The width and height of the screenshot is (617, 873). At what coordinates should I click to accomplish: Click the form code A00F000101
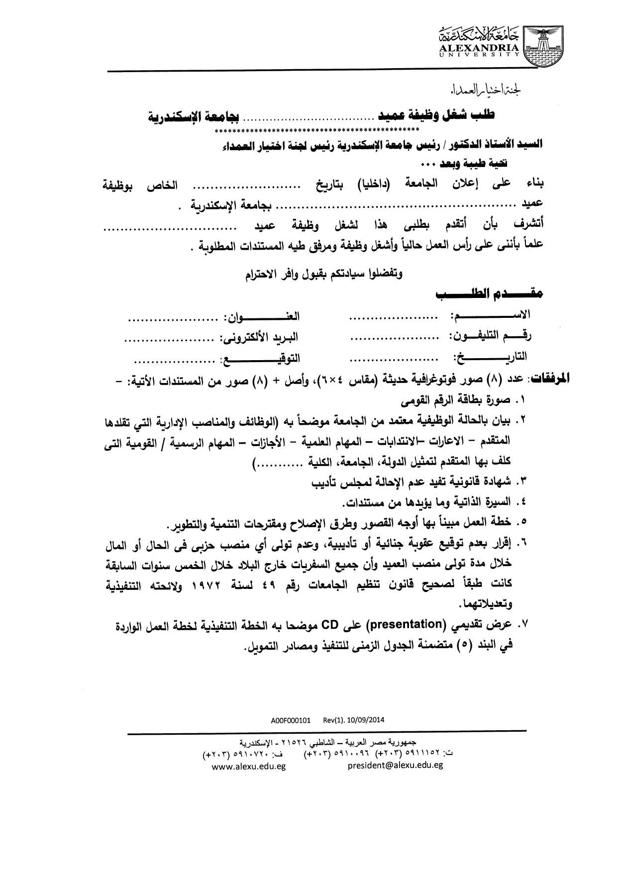(x=291, y=719)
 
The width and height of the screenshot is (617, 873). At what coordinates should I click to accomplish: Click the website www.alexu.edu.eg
(x=248, y=766)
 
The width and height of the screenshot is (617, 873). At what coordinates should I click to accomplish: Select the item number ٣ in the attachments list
(x=522, y=482)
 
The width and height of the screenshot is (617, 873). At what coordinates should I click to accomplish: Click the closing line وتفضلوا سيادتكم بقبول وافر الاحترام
(x=323, y=273)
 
